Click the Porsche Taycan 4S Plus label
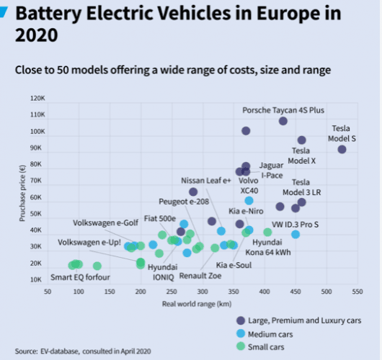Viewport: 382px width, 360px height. pos(283,110)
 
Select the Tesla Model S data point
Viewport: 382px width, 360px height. pos(342,149)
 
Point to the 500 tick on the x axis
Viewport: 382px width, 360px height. pos(327,292)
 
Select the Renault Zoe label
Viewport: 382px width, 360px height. pos(200,275)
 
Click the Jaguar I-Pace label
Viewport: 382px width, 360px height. pos(272,170)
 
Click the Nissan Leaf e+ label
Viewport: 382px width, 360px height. pos(205,180)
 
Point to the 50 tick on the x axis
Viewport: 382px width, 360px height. pos(48,292)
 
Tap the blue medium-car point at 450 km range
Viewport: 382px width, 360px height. pos(296,234)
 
